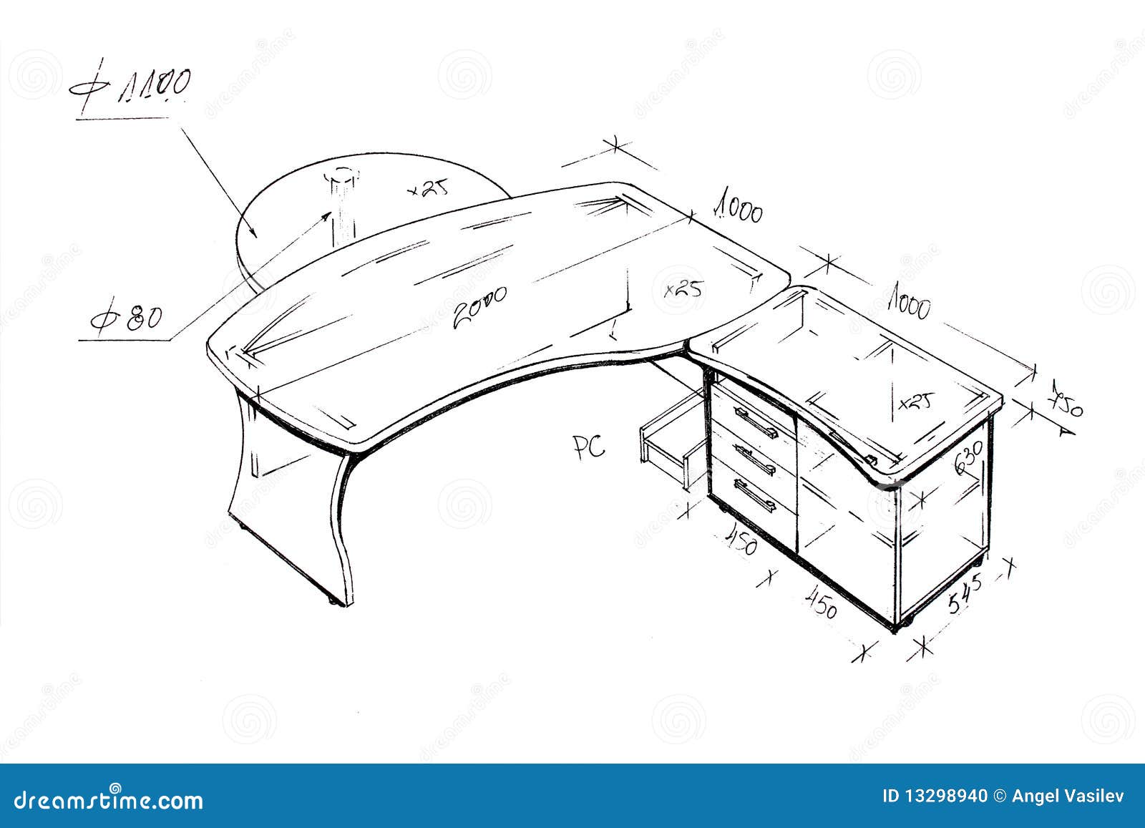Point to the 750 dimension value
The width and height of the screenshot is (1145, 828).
pyautogui.click(x=1066, y=401)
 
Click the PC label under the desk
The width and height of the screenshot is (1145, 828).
pyautogui.click(x=588, y=447)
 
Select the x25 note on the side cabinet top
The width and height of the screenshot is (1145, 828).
pyautogui.click(x=915, y=401)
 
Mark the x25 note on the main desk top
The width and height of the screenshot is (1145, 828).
pyautogui.click(x=683, y=288)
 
